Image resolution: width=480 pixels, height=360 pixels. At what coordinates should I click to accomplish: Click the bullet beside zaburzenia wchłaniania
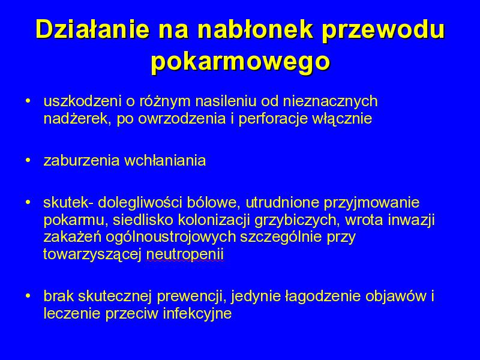tap(28, 160)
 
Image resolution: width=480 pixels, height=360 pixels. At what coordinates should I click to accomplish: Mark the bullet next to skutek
tap(28, 202)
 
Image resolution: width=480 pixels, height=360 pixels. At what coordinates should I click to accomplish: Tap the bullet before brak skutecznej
tap(28, 295)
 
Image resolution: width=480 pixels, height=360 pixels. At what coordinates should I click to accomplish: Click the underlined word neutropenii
tap(185, 254)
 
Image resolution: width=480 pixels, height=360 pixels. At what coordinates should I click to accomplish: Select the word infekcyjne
tap(197, 314)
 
